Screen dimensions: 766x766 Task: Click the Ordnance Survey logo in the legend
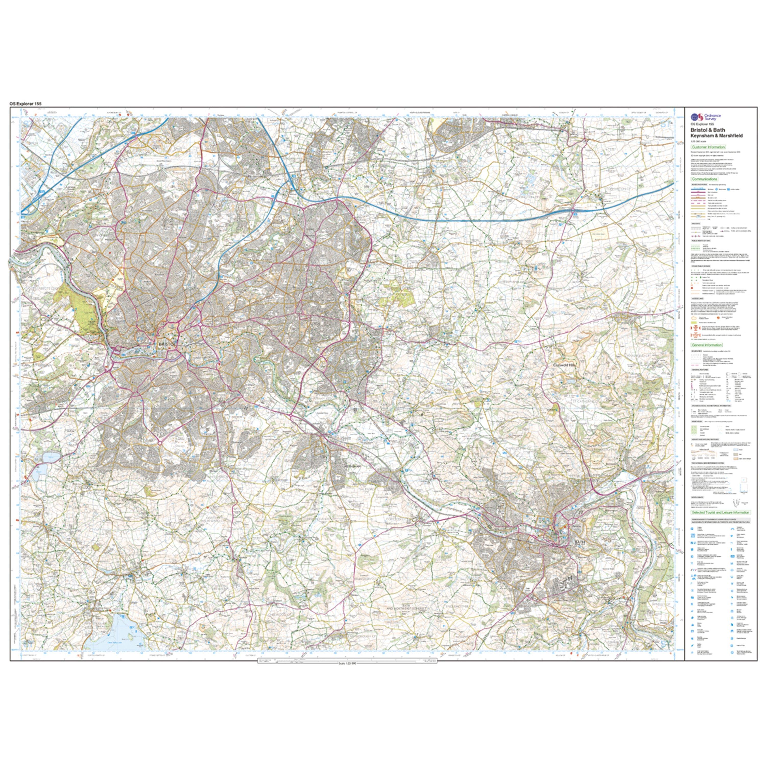(x=701, y=117)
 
